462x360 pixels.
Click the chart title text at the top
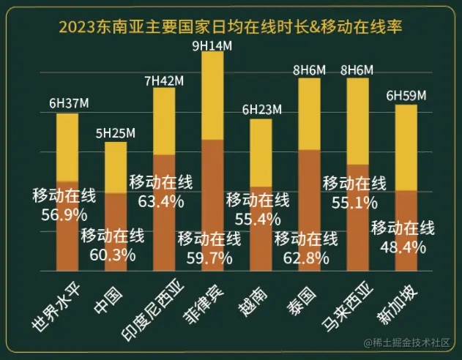click(231, 28)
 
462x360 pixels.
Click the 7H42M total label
click(164, 80)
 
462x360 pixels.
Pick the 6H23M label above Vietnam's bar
click(261, 110)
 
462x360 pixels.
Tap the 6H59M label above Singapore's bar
click(406, 97)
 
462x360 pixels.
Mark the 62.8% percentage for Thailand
click(306, 258)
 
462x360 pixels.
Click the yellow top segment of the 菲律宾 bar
click(212, 95)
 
